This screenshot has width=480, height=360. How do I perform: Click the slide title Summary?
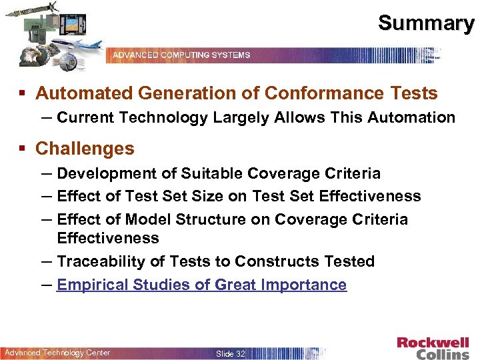426,23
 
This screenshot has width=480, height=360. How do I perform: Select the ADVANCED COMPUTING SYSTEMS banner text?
181,55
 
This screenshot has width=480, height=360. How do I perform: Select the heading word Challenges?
85,148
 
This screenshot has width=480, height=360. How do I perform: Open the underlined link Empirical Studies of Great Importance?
201,285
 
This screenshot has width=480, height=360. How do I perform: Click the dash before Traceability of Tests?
47,261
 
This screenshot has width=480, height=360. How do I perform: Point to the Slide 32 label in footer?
231,353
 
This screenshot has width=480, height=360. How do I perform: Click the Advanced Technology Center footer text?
57,353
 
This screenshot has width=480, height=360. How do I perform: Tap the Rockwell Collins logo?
433,347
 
